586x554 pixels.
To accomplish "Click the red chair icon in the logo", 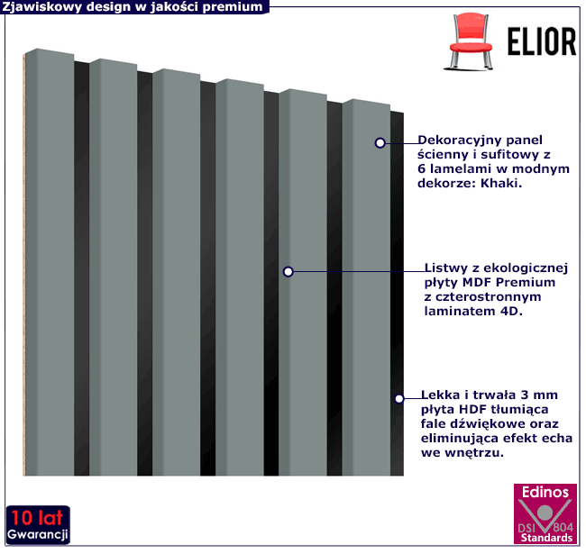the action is point(470,41).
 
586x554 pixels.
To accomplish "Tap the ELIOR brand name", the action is point(541,41).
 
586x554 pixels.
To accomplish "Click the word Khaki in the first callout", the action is point(499,183).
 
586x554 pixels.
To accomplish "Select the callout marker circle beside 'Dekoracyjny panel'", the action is point(380,143).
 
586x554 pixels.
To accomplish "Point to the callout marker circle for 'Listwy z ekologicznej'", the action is point(288,272).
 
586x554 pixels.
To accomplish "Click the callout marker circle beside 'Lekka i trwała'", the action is point(399,399).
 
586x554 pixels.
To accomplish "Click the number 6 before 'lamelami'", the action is point(422,169).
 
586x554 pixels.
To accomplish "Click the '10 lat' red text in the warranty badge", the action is point(37,518).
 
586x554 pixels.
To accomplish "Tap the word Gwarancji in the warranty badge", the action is point(37,535).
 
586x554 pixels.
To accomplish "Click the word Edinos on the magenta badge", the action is point(545,493).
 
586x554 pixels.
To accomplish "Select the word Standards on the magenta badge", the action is point(546,538).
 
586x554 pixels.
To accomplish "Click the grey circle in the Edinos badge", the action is point(545,513).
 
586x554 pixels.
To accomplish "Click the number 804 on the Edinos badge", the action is point(563,527).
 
